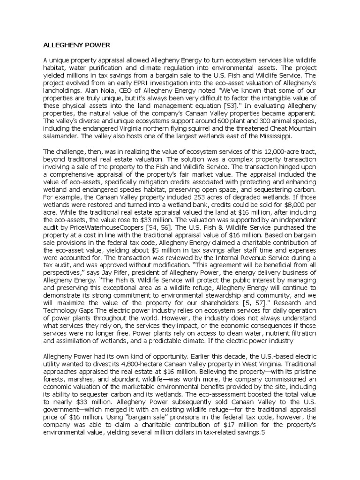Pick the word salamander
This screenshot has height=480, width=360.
[61, 136]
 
